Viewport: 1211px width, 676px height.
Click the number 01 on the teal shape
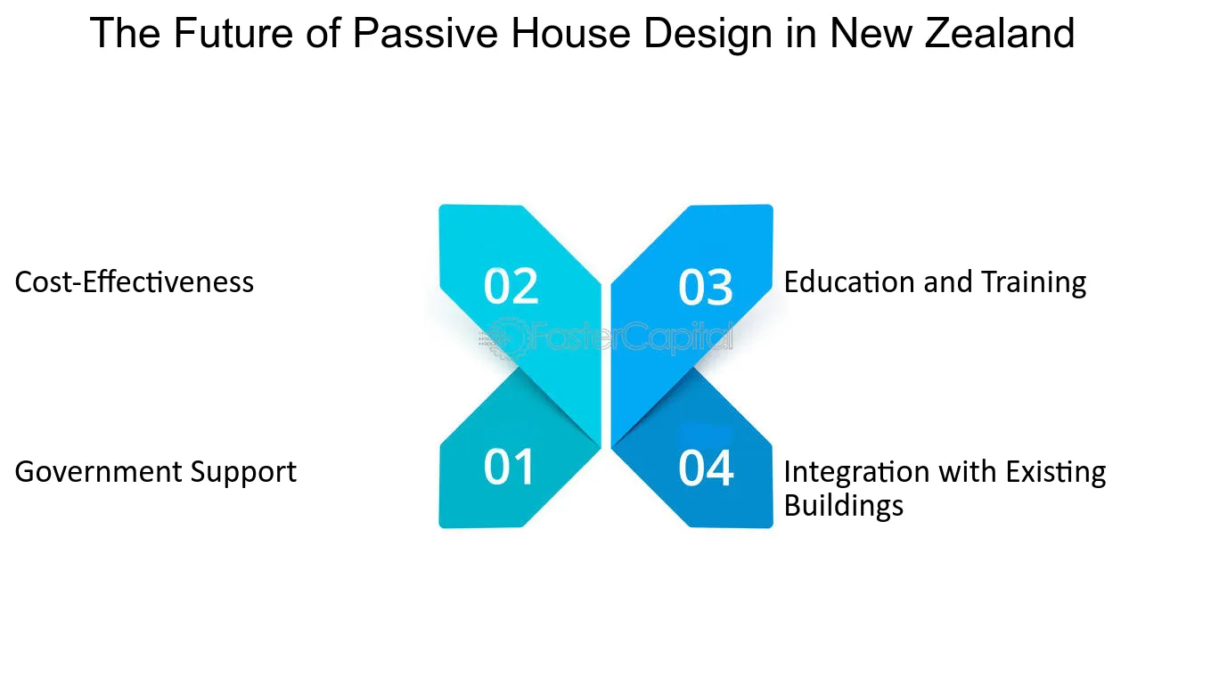tap(509, 467)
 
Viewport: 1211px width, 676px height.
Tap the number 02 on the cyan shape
tap(511, 286)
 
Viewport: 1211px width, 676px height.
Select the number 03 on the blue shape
tap(706, 287)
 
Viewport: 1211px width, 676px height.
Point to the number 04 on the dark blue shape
tap(706, 468)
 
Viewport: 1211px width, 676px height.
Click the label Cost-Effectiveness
tap(134, 282)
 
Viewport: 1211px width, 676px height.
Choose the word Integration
tap(857, 472)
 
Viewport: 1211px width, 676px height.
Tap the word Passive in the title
tap(425, 33)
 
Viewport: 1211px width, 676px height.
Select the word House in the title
tap(570, 33)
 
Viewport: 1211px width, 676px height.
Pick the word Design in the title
tap(708, 35)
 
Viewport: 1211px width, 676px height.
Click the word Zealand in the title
tap(1000, 33)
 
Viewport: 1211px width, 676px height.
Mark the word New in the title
tap(870, 33)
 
